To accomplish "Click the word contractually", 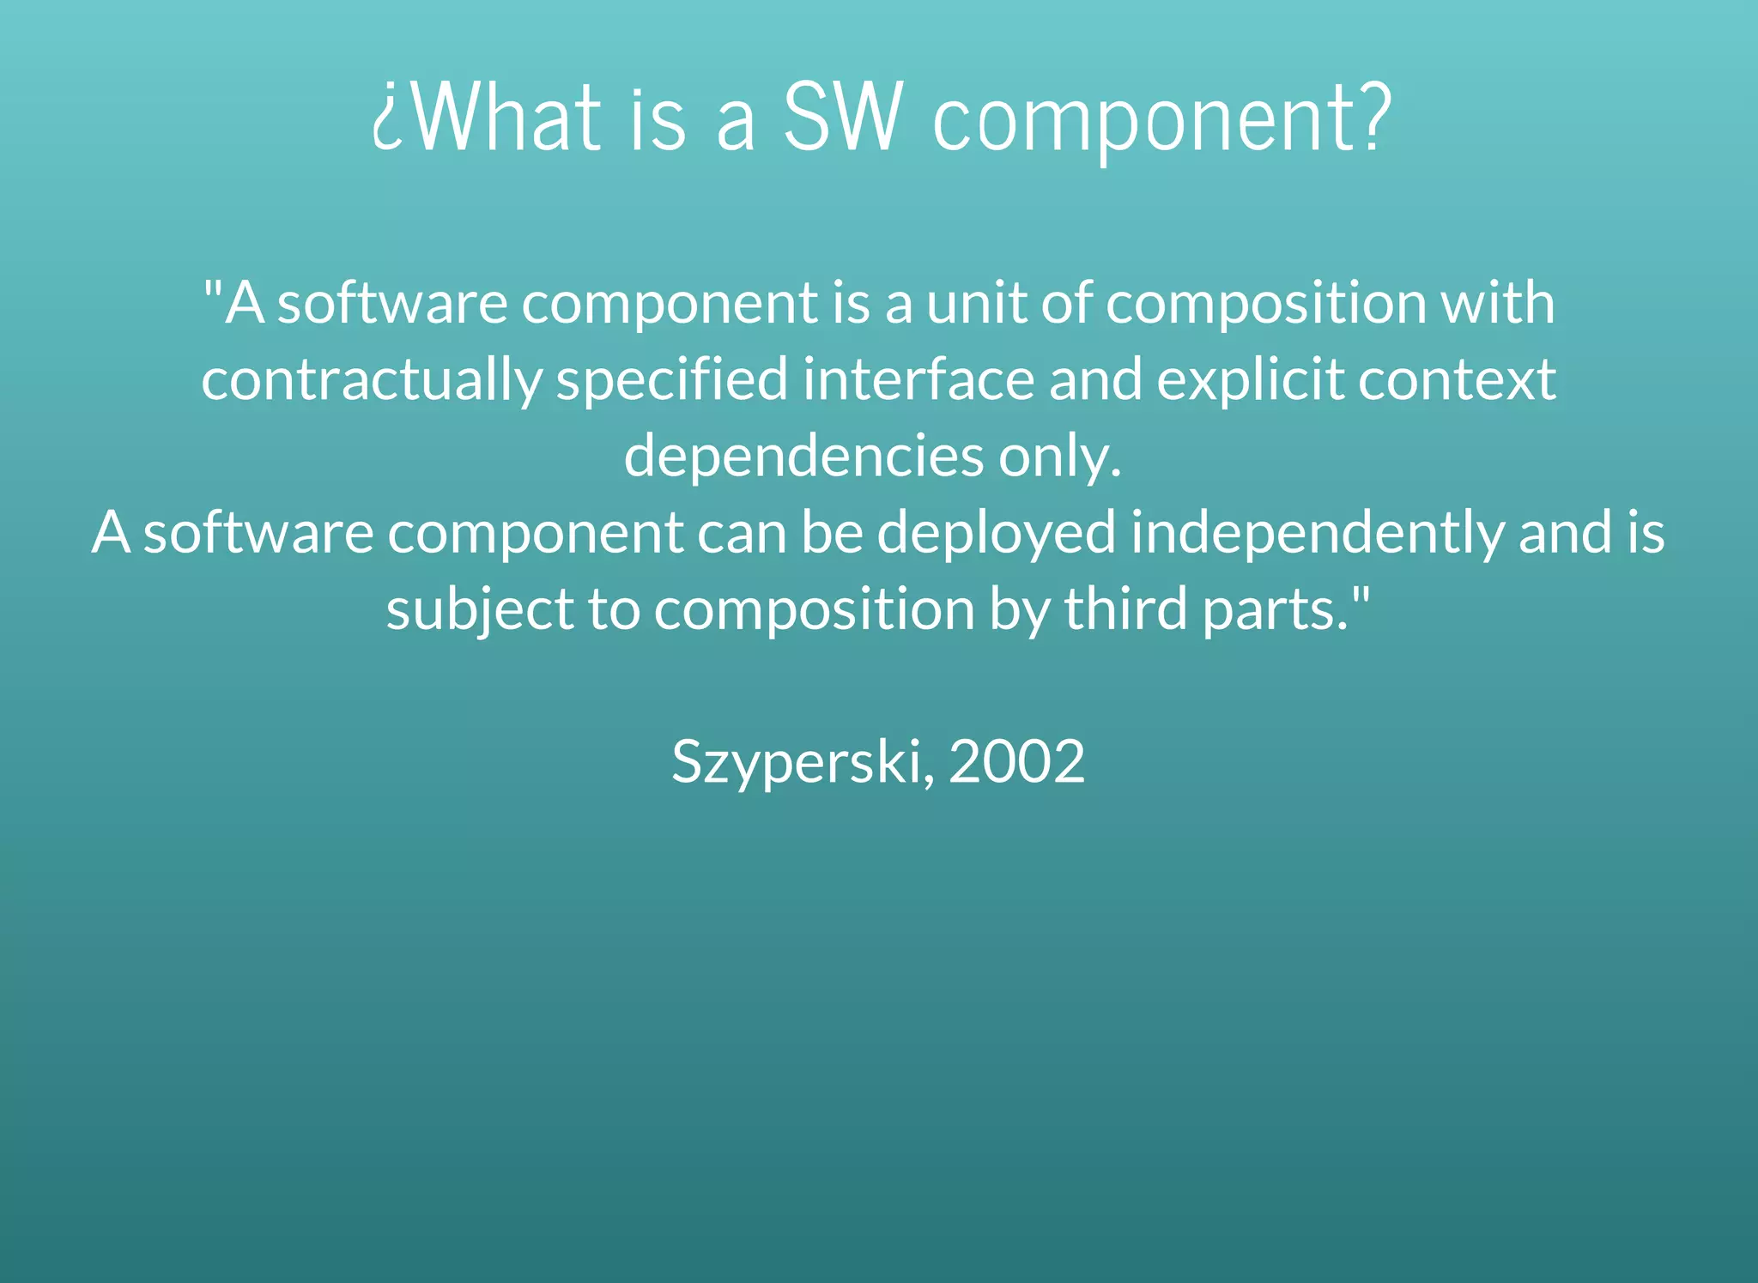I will (371, 380).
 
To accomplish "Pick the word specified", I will (672, 380).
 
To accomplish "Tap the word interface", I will (918, 378).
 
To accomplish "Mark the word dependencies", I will (803, 456).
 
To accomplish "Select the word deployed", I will (996, 533).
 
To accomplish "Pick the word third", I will (1125, 608).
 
